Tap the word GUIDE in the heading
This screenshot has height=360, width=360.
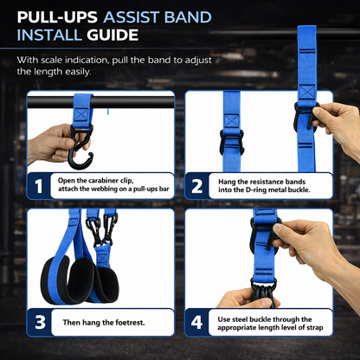[x=108, y=35]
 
